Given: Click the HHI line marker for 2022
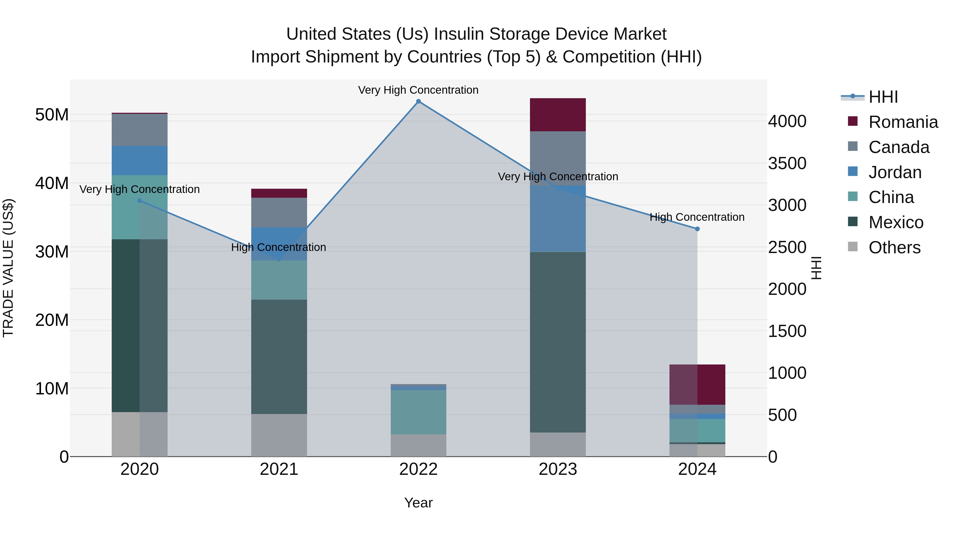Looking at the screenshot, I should tap(419, 101).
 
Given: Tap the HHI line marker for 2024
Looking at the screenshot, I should tap(697, 229).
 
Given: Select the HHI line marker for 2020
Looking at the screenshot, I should tap(140, 201).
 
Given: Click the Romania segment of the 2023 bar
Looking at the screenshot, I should tap(558, 115).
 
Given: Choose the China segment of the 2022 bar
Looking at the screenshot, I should tap(419, 412).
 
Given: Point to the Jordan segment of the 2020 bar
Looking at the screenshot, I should tap(140, 161).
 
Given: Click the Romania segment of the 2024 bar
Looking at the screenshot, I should tap(697, 385).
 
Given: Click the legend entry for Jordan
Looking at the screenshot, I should tap(894, 172).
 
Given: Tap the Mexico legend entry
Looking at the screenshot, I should tap(896, 222).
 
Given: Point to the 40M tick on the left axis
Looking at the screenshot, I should tap(52, 183).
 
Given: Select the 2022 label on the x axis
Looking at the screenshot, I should tap(419, 469).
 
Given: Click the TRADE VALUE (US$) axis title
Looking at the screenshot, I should tap(8, 268).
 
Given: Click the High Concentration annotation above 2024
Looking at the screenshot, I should tap(697, 217).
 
